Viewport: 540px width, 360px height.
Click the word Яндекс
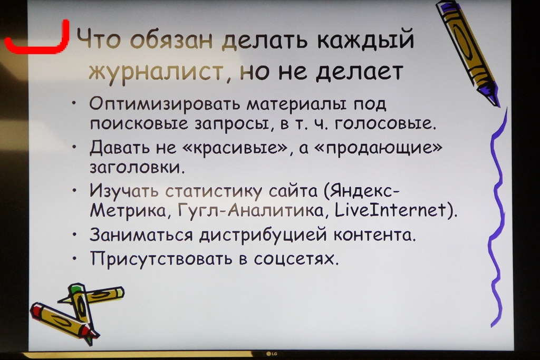coord(365,190)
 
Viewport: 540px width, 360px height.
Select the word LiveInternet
coord(391,210)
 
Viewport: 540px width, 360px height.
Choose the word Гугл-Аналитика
coord(250,210)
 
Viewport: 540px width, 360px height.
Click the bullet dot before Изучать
coord(75,190)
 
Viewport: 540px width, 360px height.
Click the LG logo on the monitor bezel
coord(272,354)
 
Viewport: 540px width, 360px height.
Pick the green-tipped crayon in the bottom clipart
coord(81,310)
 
